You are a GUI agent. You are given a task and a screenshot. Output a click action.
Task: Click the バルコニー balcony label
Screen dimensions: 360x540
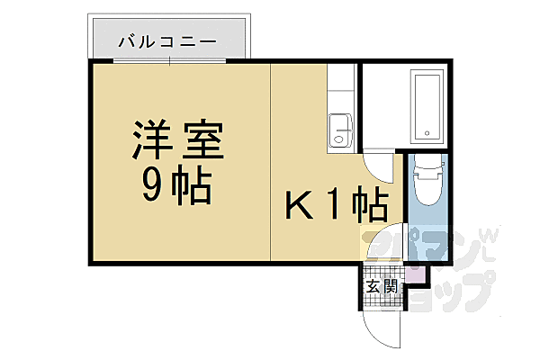click(166, 41)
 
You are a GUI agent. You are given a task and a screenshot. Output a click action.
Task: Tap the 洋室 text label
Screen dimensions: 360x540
click(178, 142)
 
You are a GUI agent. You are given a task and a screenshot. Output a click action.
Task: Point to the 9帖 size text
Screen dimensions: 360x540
click(177, 186)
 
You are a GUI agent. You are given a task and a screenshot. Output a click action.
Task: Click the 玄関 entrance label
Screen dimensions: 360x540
click(382, 287)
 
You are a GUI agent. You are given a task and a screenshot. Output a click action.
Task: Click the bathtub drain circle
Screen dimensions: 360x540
click(427, 135)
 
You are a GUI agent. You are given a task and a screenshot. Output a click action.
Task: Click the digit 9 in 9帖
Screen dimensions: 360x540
click(152, 186)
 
